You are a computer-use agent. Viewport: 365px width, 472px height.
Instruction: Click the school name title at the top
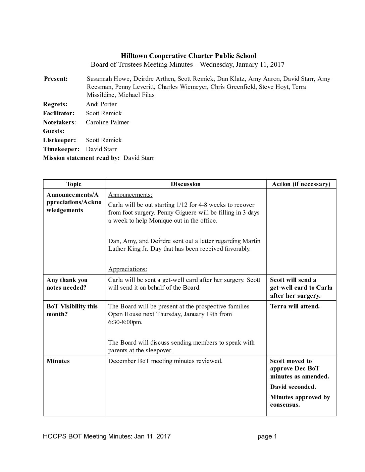pyautogui.click(x=189, y=56)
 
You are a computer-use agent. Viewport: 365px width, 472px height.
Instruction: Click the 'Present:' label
pyautogui.click(x=56, y=79)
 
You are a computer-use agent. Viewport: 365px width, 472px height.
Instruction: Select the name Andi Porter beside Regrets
pyautogui.click(x=101, y=104)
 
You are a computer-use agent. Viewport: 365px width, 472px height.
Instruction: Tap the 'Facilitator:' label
pyautogui.click(x=59, y=113)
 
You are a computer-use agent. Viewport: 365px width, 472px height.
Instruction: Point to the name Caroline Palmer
pyautogui.click(x=107, y=122)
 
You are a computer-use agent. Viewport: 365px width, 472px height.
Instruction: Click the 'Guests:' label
pyautogui.click(x=54, y=131)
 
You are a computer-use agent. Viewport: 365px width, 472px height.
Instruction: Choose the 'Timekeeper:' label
pyautogui.click(x=61, y=149)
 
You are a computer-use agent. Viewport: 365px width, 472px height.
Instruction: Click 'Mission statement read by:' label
pyautogui.click(x=81, y=158)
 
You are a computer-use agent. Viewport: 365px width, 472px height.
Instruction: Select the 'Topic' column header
pyautogui.click(x=74, y=184)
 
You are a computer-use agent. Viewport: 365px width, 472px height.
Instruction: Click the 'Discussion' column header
pyautogui.click(x=186, y=184)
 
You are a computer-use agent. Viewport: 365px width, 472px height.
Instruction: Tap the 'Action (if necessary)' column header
pyautogui.click(x=301, y=184)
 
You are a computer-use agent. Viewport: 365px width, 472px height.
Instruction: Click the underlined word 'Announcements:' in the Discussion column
pyautogui.click(x=130, y=195)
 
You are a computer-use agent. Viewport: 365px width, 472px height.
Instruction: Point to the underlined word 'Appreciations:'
pyautogui.click(x=127, y=269)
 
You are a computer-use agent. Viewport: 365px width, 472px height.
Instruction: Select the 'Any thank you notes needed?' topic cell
pyautogui.click(x=67, y=284)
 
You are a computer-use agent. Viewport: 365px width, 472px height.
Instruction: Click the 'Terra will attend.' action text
pyautogui.click(x=295, y=306)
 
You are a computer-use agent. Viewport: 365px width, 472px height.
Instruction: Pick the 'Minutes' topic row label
pyautogui.click(x=58, y=361)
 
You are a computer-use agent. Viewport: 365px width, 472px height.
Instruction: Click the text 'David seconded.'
pyautogui.click(x=293, y=387)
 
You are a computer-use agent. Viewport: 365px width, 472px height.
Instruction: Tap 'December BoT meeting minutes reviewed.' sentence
pyautogui.click(x=165, y=361)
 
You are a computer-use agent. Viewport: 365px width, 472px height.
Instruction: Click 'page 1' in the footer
pyautogui.click(x=267, y=436)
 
